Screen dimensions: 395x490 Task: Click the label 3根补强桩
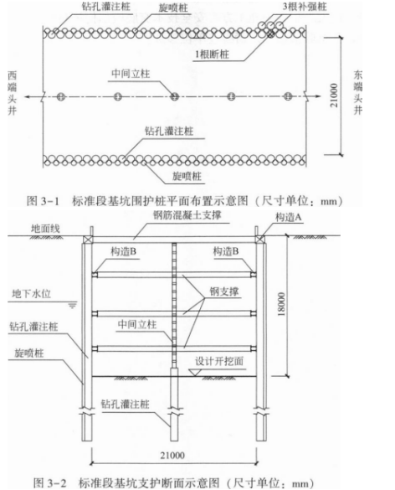[x=304, y=6]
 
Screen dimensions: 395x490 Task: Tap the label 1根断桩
[x=212, y=54]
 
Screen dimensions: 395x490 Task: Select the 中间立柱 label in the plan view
[x=131, y=74]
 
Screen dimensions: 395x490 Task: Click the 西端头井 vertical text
[x=13, y=93]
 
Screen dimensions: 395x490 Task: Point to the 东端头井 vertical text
[x=358, y=92]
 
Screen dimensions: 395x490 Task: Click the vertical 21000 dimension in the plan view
[x=334, y=95]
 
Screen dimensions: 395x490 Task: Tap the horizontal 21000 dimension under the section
[x=172, y=456]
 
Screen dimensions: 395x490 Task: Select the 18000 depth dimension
[x=281, y=304]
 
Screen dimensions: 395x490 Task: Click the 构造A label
[x=288, y=217]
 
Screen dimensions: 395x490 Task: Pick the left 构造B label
[x=123, y=251]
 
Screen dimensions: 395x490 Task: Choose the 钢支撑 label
[x=224, y=291]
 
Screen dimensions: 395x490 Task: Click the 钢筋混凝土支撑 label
[x=187, y=215]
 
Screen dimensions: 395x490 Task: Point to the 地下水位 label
[x=31, y=294]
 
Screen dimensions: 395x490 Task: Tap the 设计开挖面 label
[x=219, y=361]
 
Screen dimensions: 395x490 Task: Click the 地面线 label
[x=45, y=229]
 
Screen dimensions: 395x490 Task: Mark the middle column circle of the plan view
[x=174, y=96]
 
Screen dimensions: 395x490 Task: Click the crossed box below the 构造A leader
[x=259, y=239]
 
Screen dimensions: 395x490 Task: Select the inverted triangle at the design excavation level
[x=193, y=373]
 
